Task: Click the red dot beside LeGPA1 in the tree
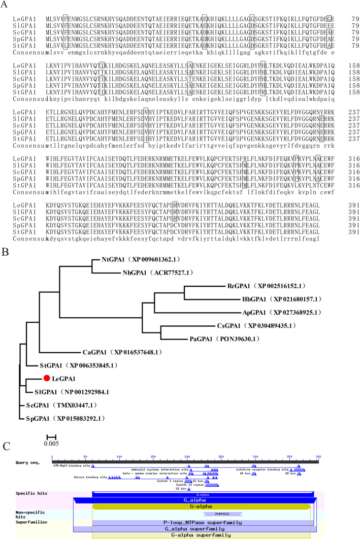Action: [46, 378]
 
